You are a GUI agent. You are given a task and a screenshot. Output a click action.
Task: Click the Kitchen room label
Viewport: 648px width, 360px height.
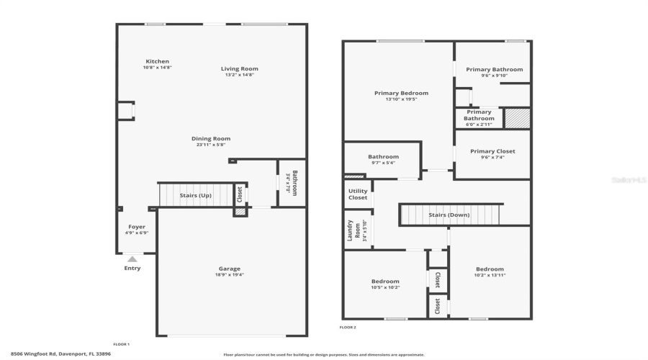[157, 61]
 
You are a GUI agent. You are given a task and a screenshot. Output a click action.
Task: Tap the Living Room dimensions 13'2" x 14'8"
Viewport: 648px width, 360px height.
[239, 75]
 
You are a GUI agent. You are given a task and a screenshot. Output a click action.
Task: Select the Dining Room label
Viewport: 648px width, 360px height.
[211, 138]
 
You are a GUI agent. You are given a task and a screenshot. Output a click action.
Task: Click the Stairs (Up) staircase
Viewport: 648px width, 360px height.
[194, 195]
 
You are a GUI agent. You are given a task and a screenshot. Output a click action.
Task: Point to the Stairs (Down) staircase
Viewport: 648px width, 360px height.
[450, 215]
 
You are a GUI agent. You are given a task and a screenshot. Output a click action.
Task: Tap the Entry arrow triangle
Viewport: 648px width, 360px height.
[132, 259]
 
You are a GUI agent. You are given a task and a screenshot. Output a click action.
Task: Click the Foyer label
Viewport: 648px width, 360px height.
[137, 227]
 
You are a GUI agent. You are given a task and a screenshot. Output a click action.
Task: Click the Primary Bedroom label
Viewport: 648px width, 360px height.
[401, 93]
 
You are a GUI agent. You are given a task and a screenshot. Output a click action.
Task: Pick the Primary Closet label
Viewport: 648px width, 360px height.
[492, 151]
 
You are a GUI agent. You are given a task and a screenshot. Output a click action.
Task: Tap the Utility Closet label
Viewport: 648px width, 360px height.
[358, 194]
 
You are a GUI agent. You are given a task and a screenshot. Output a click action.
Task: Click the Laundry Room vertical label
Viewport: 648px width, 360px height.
[349, 230]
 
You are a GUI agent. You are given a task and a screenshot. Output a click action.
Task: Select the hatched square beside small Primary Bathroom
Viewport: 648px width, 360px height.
[516, 118]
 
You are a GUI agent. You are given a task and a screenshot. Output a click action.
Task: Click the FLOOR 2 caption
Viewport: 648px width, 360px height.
[348, 327]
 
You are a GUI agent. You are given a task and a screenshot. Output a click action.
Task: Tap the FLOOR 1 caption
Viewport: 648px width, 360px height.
[122, 344]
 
